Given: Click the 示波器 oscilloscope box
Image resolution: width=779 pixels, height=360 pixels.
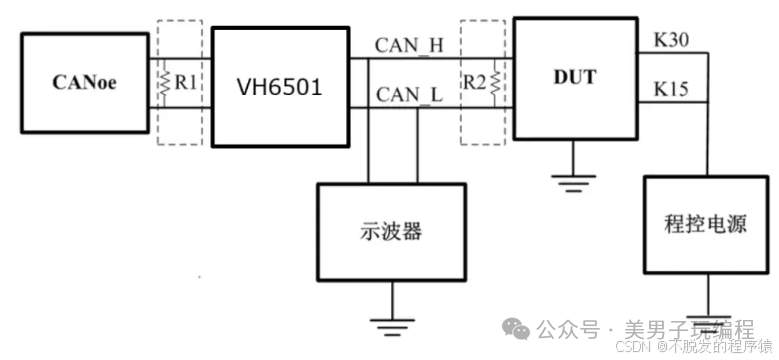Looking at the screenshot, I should [x=390, y=230].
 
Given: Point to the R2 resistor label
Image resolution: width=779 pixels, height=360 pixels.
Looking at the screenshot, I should [x=475, y=83].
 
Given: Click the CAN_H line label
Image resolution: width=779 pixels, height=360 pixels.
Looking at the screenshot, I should [x=408, y=45].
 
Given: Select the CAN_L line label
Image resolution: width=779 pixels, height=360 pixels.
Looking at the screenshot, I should [x=408, y=95].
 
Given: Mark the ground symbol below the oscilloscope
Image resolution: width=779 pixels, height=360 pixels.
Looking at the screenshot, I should [x=390, y=322].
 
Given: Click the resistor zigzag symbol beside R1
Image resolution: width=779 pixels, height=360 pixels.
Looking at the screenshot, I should [x=164, y=84].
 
